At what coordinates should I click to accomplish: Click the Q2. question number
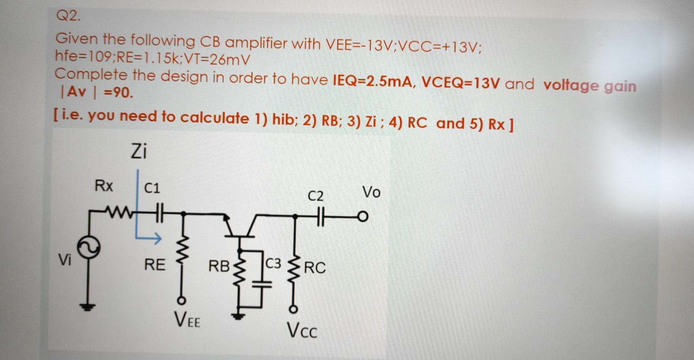(68, 16)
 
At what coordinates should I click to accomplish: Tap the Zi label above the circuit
(139, 151)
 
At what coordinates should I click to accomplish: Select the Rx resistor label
(104, 185)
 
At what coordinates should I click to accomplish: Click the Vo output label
(371, 192)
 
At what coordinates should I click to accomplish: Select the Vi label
(65, 259)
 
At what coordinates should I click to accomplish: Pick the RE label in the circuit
(154, 264)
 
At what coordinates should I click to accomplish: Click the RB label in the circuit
(219, 266)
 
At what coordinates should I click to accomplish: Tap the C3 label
(273, 263)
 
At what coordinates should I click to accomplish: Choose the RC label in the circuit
(315, 268)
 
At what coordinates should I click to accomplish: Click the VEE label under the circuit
(187, 319)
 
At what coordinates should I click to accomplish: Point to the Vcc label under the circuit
(302, 330)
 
